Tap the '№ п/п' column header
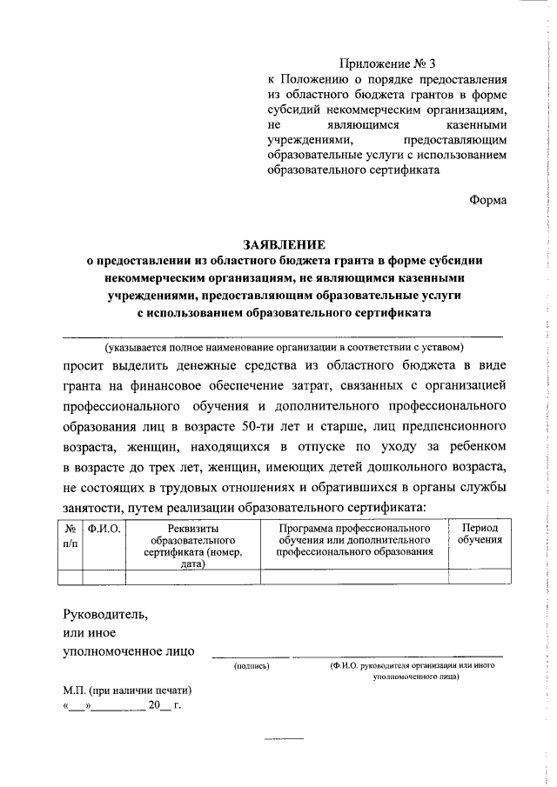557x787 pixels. click(x=70, y=534)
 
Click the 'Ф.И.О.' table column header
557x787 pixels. click(x=104, y=528)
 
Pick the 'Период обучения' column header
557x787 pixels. click(x=480, y=534)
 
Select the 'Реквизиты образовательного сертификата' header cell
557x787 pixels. click(x=193, y=545)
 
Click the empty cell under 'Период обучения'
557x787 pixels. click(x=480, y=576)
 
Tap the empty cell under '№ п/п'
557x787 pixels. click(x=70, y=576)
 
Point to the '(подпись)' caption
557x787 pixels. click(x=252, y=666)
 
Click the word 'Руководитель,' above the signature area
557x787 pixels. click(x=105, y=614)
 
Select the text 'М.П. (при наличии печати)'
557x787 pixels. click(x=127, y=690)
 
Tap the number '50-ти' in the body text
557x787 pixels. click(x=261, y=429)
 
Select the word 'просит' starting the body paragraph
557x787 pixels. click(x=87, y=363)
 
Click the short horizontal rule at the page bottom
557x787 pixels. click(x=283, y=737)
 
